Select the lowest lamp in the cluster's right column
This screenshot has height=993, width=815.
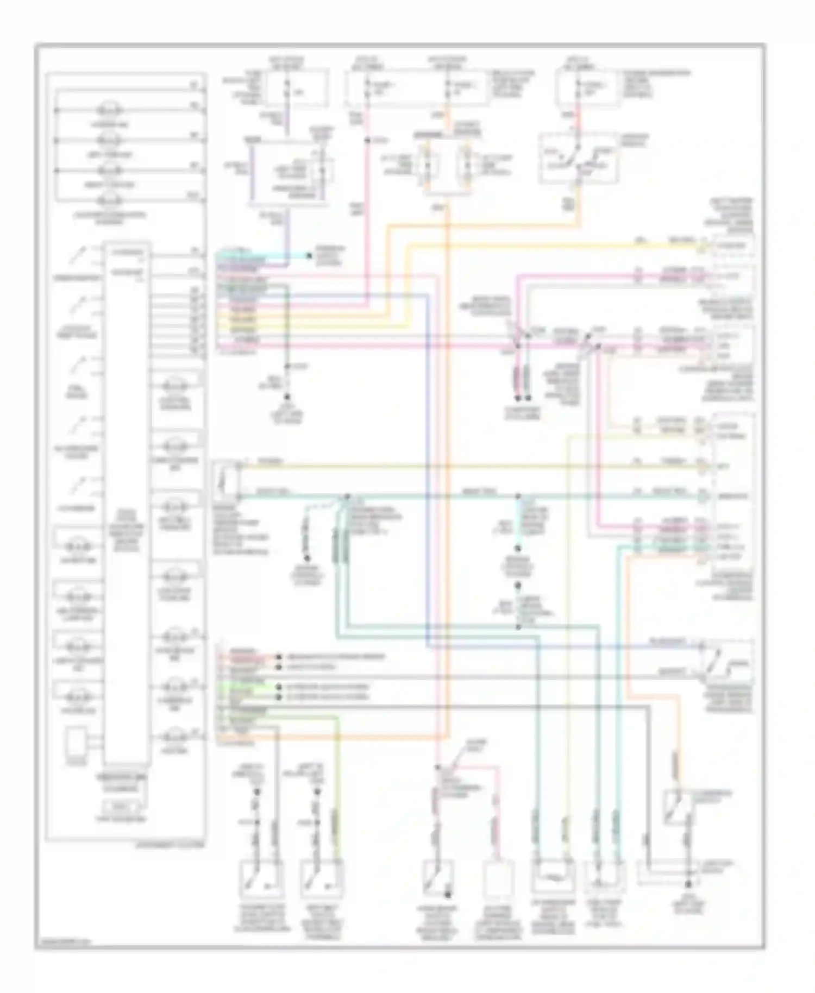click(x=177, y=737)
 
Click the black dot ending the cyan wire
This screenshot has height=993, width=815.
click(x=310, y=255)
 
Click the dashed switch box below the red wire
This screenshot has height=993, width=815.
click(x=579, y=158)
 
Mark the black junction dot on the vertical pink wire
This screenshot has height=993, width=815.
click(x=368, y=141)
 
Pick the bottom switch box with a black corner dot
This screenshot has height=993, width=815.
click(x=438, y=879)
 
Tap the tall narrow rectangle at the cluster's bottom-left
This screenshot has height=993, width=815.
click(x=77, y=743)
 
